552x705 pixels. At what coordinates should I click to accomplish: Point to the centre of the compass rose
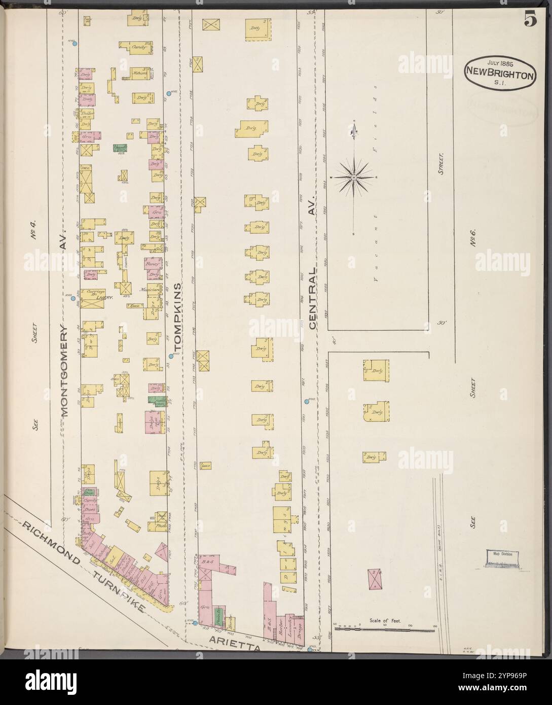[354, 177]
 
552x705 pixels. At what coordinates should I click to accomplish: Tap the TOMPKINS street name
[177, 314]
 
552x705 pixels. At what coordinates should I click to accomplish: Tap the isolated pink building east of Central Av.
[374, 578]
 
